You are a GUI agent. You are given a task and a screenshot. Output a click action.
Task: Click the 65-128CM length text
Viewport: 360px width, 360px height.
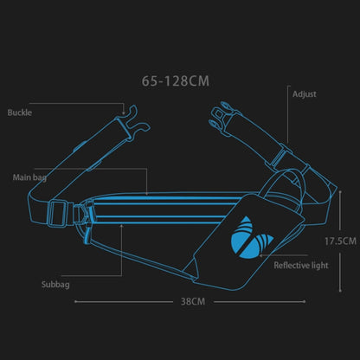coord(176,81)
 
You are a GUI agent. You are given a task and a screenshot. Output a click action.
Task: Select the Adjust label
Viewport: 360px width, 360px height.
coord(305,93)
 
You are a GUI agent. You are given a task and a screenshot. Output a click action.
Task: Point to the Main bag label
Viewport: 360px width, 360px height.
coord(30,177)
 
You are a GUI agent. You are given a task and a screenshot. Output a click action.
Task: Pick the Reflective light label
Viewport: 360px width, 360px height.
coord(300,266)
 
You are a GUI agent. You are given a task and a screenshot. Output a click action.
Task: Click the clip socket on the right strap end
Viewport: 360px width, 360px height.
coord(222,117)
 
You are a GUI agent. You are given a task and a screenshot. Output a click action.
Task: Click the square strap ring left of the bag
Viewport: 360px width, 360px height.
coord(59,210)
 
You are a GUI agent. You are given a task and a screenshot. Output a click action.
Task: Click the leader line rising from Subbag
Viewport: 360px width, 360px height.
coord(122,251)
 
